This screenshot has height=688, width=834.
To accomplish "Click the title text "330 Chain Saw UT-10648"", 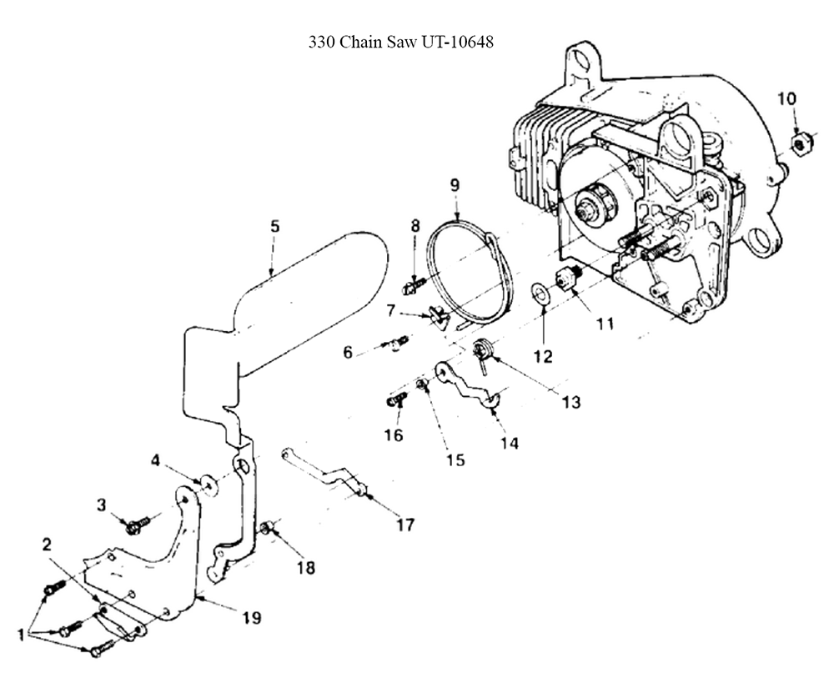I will [401, 42].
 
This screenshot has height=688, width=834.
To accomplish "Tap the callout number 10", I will [786, 98].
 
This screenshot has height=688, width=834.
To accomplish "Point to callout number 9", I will [455, 184].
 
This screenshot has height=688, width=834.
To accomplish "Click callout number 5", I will [274, 226].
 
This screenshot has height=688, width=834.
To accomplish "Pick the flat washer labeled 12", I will [540, 293].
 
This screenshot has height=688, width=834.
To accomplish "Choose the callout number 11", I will [604, 323].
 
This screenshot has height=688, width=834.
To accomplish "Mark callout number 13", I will [570, 401].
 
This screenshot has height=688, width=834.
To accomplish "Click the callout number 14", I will [509, 444].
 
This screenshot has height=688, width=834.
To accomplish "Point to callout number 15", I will [455, 460].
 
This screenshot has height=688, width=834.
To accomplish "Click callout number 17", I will [405, 525].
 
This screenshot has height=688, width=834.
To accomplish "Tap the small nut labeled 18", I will [268, 526].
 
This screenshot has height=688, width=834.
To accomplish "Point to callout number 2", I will [48, 545].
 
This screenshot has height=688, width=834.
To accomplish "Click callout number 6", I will [348, 353].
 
